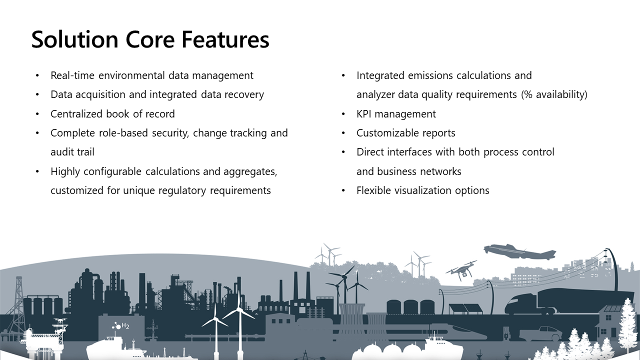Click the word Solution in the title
click(75, 39)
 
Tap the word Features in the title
click(225, 39)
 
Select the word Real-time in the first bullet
click(72, 75)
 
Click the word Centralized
click(76, 113)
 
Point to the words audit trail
click(72, 152)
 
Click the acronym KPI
click(363, 114)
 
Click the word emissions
click(430, 75)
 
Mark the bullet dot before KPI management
click(343, 114)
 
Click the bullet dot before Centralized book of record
click(37, 114)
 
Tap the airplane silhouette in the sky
click(519, 251)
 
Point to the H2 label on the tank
click(125, 325)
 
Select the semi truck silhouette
click(568, 301)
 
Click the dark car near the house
click(540, 333)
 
